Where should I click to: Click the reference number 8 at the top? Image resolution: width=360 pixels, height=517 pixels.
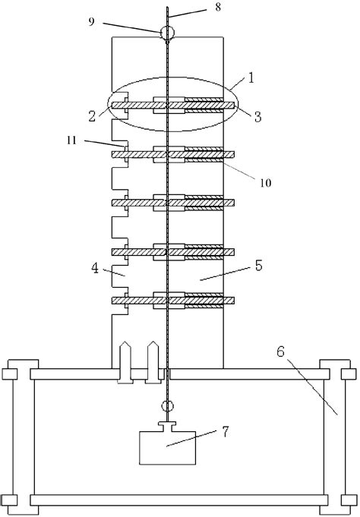[x=218, y=8]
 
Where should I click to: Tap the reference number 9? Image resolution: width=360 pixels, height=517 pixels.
[x=91, y=22]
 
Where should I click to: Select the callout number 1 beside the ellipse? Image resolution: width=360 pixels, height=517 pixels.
[x=251, y=77]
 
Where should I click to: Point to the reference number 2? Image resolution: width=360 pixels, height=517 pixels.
[x=93, y=115]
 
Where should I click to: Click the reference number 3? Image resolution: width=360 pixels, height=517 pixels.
[x=257, y=116]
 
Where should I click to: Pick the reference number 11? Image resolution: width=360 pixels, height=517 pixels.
[x=71, y=140]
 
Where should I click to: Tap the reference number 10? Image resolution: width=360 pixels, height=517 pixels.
[x=266, y=183]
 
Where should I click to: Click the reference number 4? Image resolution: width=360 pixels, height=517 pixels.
[x=95, y=268]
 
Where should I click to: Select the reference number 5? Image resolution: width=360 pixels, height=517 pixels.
[x=259, y=265]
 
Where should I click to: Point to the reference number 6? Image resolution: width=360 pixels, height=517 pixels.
[x=280, y=351]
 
